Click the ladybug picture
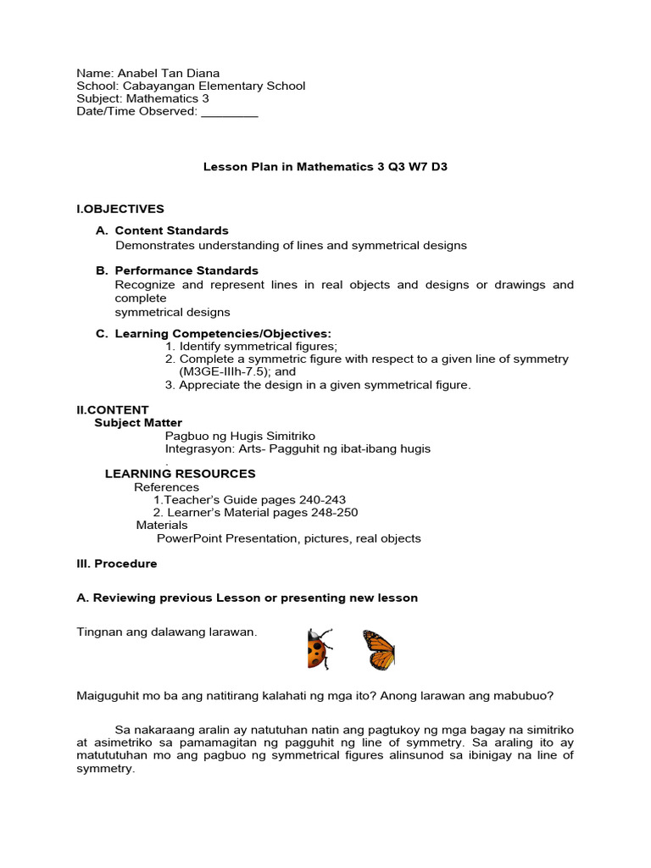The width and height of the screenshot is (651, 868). click(x=319, y=649)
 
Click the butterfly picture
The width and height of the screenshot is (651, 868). click(x=379, y=650)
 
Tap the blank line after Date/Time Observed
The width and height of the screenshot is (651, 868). click(x=230, y=112)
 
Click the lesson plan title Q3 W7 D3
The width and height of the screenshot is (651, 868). click(x=417, y=167)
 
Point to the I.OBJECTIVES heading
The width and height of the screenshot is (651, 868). click(x=120, y=209)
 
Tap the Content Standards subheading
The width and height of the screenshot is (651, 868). click(x=171, y=231)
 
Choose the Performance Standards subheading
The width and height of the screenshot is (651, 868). click(x=186, y=270)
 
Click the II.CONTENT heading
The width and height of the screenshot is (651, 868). click(x=113, y=409)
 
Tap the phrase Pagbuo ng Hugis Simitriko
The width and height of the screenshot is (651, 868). click(x=240, y=436)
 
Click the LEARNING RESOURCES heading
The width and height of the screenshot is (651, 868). click(x=180, y=474)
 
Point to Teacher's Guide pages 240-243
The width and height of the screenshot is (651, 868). click(x=249, y=500)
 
